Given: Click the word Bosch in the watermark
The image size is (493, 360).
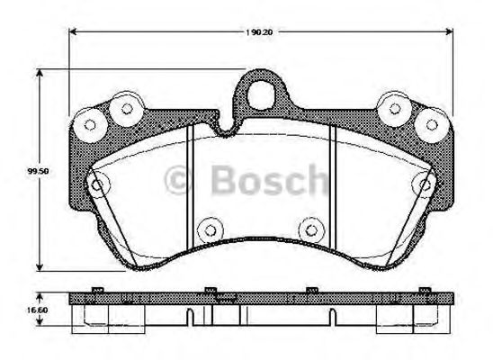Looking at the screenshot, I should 271,184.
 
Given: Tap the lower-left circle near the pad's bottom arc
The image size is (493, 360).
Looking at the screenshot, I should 209,227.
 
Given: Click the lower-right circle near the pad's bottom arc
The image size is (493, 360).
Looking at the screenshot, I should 310,227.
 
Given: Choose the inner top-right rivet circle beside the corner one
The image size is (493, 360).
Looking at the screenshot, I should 394,109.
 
